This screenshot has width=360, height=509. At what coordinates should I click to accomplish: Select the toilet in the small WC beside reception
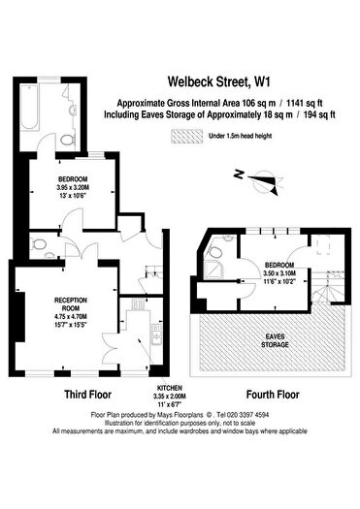click(36, 244)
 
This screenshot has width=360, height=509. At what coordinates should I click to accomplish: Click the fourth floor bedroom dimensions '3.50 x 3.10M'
click(282, 273)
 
